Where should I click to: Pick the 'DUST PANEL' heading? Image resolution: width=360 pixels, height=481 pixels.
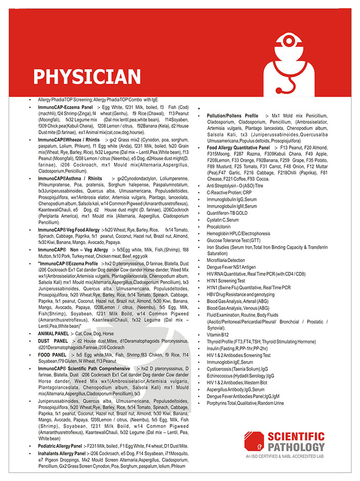[x=52, y=341]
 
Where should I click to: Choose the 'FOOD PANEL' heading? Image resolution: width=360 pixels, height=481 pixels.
[x=52, y=355]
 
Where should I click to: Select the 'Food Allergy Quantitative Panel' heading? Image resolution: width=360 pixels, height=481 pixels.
[x=238, y=147]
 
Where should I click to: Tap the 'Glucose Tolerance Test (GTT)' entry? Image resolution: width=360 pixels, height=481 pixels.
[x=233, y=240]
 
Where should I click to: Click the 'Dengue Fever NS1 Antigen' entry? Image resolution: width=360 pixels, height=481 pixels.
[x=231, y=267]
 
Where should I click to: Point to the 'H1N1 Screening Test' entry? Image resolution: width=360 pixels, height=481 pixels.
[x=226, y=281]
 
